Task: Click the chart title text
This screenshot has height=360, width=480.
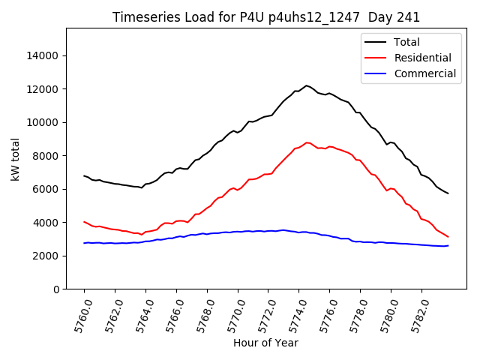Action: tap(266, 17)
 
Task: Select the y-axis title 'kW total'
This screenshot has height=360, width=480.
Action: tap(16, 158)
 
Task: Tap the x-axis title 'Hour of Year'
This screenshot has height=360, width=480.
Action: tap(265, 343)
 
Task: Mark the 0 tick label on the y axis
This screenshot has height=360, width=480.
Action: tap(57, 289)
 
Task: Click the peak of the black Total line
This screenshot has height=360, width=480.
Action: tap(306, 85)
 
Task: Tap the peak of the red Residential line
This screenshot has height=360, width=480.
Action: tap(307, 142)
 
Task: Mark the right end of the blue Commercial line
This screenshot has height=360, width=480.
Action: tap(448, 245)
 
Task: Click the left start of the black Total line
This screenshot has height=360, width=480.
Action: tap(84, 175)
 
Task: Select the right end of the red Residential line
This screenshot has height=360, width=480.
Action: tap(448, 237)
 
